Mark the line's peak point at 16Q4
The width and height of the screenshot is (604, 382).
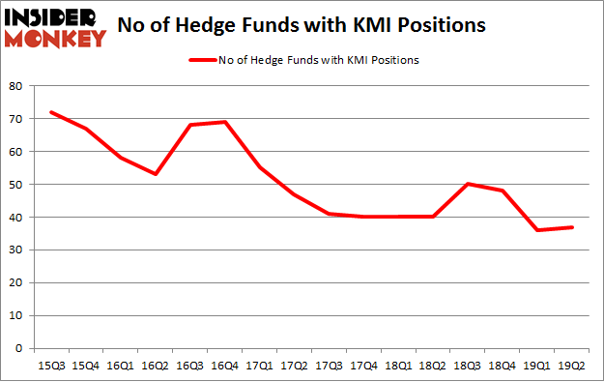[224, 122]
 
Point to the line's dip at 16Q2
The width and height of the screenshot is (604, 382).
[155, 174]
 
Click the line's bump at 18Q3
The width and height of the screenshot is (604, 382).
[468, 184]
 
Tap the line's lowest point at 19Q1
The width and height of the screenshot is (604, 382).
[537, 230]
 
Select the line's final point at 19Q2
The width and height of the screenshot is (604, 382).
[572, 227]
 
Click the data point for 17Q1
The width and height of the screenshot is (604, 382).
[259, 168]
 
